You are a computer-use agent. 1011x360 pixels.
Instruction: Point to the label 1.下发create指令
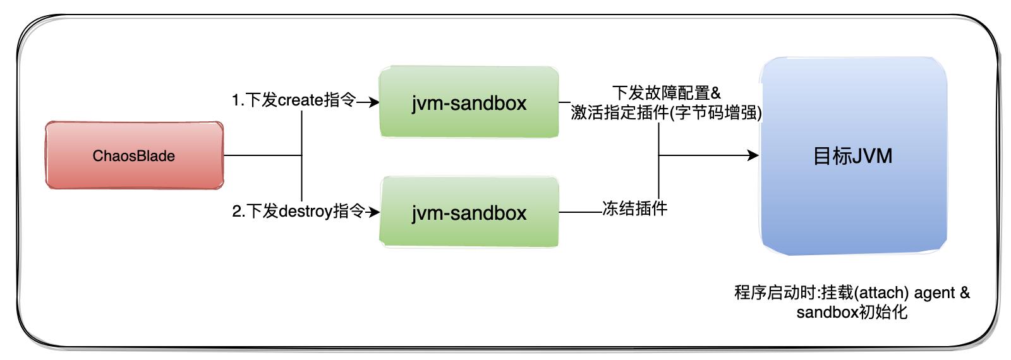(293, 100)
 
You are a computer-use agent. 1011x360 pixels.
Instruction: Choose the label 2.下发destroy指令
(298, 211)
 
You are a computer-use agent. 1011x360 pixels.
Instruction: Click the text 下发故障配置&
(666, 93)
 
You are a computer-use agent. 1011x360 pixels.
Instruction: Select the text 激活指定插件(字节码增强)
(666, 112)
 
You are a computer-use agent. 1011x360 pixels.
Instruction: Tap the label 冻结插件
(634, 208)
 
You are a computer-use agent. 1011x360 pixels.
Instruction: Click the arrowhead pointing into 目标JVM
(753, 155)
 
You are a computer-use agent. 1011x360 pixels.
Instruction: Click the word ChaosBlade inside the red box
(134, 156)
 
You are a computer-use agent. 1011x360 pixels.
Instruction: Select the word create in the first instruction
(301, 100)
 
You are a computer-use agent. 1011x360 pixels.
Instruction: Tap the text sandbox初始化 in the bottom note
(852, 312)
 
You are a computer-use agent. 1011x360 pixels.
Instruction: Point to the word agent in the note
(935, 293)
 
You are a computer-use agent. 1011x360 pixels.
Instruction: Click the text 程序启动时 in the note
(775, 293)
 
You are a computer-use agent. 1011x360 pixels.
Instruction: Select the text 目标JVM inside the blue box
(852, 156)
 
